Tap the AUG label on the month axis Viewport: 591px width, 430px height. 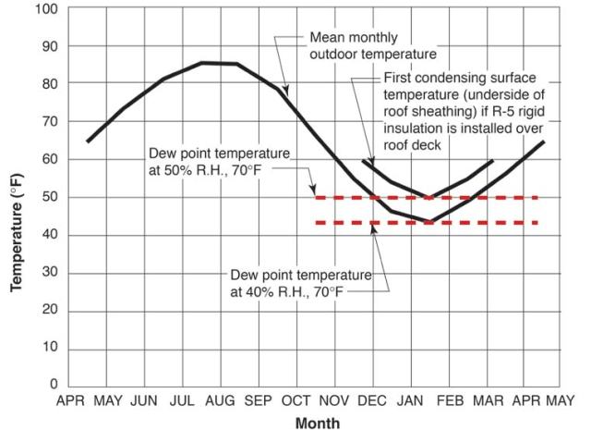221,402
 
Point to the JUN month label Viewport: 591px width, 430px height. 144,402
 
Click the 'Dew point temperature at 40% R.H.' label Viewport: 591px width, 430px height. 302,284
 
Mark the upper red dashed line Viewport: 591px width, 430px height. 425,197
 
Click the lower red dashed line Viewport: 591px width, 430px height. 425,223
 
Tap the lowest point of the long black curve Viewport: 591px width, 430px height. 429,222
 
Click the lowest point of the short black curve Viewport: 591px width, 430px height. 429,197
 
